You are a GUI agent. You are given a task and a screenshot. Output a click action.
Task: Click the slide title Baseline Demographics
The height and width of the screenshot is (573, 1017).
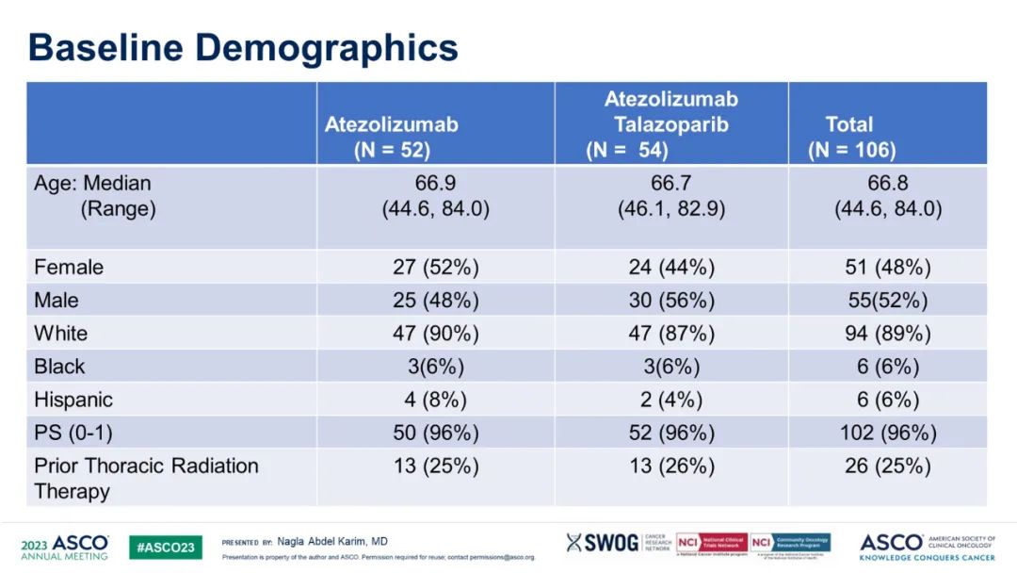click(243, 47)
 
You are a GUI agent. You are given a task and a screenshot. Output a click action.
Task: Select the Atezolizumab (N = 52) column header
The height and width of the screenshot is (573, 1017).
click(392, 137)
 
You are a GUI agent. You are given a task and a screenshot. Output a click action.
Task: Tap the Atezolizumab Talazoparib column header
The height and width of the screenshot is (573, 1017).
click(670, 124)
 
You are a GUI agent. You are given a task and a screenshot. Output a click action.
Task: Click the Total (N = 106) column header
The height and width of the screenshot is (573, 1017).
click(851, 137)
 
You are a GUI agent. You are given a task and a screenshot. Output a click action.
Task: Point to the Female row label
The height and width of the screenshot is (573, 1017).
click(69, 268)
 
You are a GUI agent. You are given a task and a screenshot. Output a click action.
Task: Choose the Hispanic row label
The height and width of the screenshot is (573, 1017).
click(73, 400)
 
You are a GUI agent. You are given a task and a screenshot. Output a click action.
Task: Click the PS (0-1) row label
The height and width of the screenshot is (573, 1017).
click(72, 433)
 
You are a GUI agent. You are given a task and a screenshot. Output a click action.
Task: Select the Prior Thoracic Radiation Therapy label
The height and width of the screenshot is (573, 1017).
click(146, 478)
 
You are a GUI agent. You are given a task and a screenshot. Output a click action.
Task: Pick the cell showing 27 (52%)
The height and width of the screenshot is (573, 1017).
click(435, 268)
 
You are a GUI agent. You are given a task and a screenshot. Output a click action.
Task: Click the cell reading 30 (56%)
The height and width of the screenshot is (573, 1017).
click(671, 301)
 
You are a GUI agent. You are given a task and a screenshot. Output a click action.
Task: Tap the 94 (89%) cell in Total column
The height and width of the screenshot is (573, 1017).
click(888, 334)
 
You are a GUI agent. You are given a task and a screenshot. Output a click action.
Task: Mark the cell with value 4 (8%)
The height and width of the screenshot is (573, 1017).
click(435, 400)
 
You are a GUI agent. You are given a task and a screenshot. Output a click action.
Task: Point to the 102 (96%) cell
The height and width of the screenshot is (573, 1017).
click(888, 433)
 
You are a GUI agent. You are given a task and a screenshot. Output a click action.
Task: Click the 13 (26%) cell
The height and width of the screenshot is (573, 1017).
click(671, 466)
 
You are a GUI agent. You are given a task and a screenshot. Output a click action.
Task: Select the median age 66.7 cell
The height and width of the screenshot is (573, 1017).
click(671, 183)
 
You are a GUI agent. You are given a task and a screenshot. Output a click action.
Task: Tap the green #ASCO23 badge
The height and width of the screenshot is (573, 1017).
click(165, 548)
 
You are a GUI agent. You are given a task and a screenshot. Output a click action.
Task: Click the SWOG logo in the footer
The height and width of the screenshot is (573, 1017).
click(602, 543)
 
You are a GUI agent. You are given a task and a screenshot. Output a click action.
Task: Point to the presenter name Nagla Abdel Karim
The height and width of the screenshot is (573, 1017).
click(331, 542)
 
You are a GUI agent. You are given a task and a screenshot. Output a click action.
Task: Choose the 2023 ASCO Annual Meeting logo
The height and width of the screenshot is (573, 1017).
click(64, 548)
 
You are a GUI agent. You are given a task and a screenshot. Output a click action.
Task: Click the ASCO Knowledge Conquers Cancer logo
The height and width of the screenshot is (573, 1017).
click(933, 547)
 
